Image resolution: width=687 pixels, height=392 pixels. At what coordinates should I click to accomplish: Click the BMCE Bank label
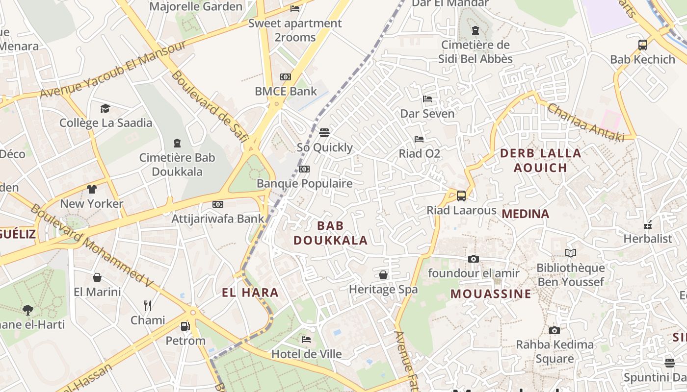[x=286, y=91]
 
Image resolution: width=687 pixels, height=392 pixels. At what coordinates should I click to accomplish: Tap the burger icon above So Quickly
[x=324, y=133]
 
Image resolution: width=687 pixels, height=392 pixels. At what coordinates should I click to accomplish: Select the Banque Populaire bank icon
[x=304, y=169]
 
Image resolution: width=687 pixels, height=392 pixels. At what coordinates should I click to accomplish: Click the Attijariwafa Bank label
[x=217, y=219]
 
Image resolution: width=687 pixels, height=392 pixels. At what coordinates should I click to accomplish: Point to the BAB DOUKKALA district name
[x=330, y=233]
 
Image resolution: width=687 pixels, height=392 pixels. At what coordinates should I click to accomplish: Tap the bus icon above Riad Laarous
[x=461, y=196]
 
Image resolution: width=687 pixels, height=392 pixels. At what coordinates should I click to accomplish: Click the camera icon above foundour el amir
[x=474, y=259]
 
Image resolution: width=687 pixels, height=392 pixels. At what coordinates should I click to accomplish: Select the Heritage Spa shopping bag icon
[x=383, y=275]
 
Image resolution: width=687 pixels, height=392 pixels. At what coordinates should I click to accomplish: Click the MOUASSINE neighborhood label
[x=491, y=294]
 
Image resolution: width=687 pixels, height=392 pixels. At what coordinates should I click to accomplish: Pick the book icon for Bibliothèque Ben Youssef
[x=570, y=253]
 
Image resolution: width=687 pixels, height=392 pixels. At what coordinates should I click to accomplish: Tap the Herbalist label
[x=648, y=239]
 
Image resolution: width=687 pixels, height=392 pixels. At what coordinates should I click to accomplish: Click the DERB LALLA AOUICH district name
[x=540, y=160]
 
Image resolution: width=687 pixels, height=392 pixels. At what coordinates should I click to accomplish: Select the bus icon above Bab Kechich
[x=643, y=45]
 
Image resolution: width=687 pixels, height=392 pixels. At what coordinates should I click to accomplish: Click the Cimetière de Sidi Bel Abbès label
[x=475, y=52]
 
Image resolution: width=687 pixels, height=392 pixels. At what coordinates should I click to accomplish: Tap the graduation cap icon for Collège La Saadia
[x=106, y=108]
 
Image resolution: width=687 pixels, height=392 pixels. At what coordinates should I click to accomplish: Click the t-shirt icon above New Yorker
[x=92, y=189]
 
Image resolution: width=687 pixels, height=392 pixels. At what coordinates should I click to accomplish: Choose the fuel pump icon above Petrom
[x=185, y=326]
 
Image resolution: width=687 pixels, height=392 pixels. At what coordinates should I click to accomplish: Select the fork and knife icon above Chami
[x=148, y=306]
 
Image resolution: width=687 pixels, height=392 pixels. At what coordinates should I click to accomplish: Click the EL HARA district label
[x=250, y=293]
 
